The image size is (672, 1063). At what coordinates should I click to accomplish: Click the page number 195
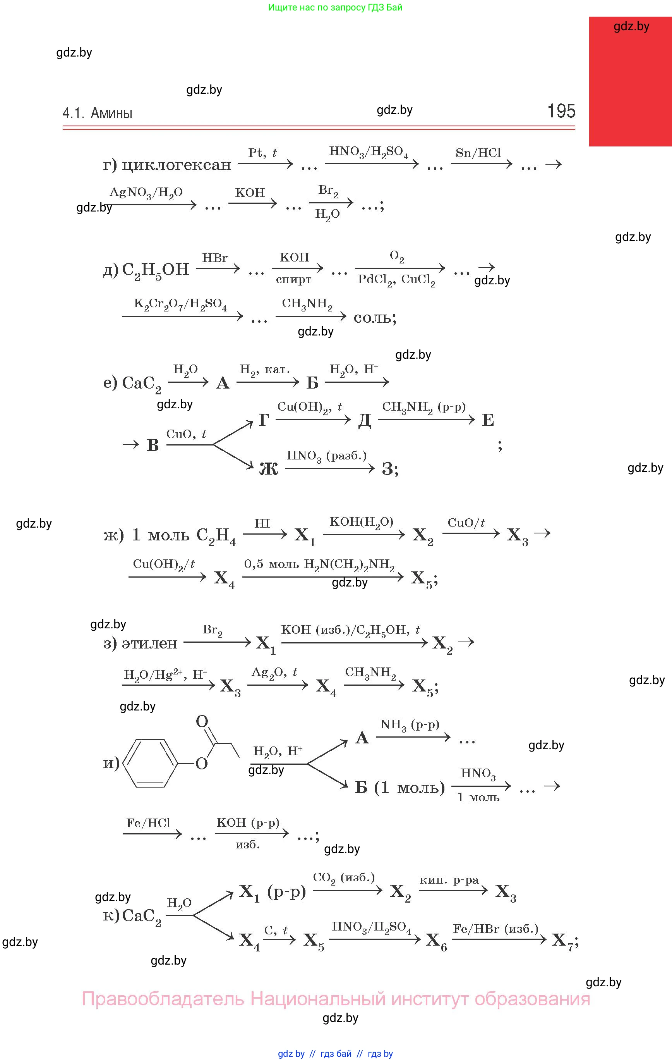pos(561,111)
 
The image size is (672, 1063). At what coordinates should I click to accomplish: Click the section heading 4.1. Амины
pos(98,113)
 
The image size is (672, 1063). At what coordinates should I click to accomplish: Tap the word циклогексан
pos(177,165)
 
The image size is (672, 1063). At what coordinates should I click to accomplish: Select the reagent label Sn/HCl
pos(478,153)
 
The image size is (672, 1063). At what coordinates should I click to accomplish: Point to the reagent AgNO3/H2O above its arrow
pos(146,193)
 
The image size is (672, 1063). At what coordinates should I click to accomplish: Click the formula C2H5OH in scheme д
pos(155,270)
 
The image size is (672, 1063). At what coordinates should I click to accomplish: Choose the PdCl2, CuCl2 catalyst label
pos(396,280)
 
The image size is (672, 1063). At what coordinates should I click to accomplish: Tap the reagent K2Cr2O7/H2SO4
pos(180,304)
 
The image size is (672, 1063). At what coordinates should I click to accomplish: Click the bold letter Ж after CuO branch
pos(268,468)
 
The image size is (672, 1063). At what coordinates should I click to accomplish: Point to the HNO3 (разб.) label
pos(326,456)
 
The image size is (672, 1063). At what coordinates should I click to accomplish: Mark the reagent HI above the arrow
pos(262,523)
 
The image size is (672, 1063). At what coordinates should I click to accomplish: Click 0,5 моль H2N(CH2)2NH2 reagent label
pos(319,564)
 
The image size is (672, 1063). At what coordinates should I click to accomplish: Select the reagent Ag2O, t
pos(274,673)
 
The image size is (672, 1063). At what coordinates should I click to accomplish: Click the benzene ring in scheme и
pos(149,763)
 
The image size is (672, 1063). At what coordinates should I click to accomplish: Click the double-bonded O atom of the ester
pos(202,721)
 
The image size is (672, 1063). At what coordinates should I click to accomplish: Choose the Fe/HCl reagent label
pos(148,823)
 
